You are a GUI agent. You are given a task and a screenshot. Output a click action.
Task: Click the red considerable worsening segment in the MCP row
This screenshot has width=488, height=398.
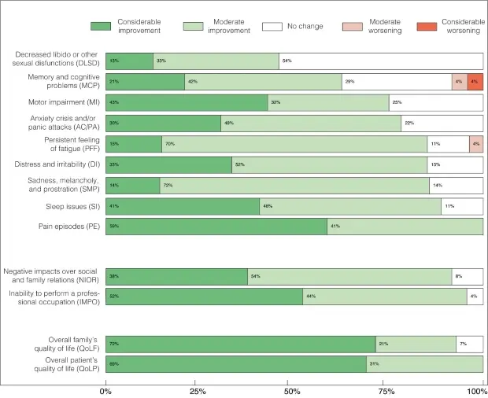pyautogui.click(x=475, y=82)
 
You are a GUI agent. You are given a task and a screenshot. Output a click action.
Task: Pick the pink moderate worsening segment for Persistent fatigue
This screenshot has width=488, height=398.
pyautogui.click(x=475, y=144)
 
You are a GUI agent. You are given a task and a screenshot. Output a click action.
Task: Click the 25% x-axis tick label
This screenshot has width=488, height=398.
pyautogui.click(x=198, y=391)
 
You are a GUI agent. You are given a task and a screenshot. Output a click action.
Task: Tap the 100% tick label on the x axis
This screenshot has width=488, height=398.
pyautogui.click(x=478, y=391)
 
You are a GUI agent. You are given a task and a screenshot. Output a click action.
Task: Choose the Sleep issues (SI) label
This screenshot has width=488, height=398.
pyautogui.click(x=68, y=206)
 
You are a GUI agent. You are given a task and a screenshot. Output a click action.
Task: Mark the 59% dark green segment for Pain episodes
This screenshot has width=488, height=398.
pyautogui.click(x=216, y=227)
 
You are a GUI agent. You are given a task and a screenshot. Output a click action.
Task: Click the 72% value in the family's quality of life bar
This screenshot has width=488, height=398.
pyautogui.click(x=115, y=344)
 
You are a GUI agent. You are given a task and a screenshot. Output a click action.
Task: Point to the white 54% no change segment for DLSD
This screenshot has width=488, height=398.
pyautogui.click(x=381, y=61)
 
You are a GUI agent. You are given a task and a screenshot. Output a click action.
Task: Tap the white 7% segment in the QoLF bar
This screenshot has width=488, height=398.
pyautogui.click(x=469, y=344)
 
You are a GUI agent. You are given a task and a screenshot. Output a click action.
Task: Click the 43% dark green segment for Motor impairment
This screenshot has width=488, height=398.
pyautogui.click(x=187, y=102)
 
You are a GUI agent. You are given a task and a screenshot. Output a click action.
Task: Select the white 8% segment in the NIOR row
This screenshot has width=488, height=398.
pyautogui.click(x=468, y=276)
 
